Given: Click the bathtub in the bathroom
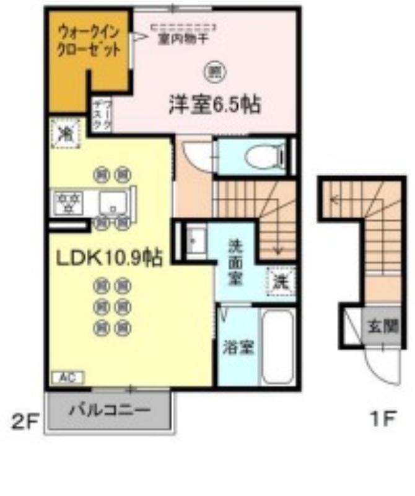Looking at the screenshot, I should (278, 346).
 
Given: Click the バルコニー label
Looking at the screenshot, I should (109, 410).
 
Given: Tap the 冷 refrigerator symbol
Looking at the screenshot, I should (64, 132).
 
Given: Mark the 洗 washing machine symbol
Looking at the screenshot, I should (281, 281).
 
